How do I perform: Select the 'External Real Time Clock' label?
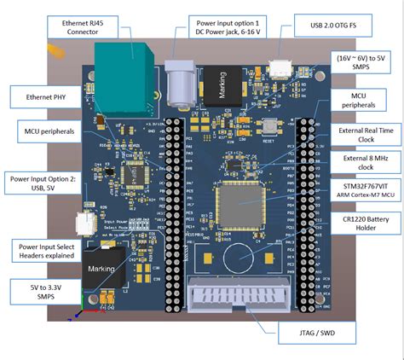click(x=366, y=136)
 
